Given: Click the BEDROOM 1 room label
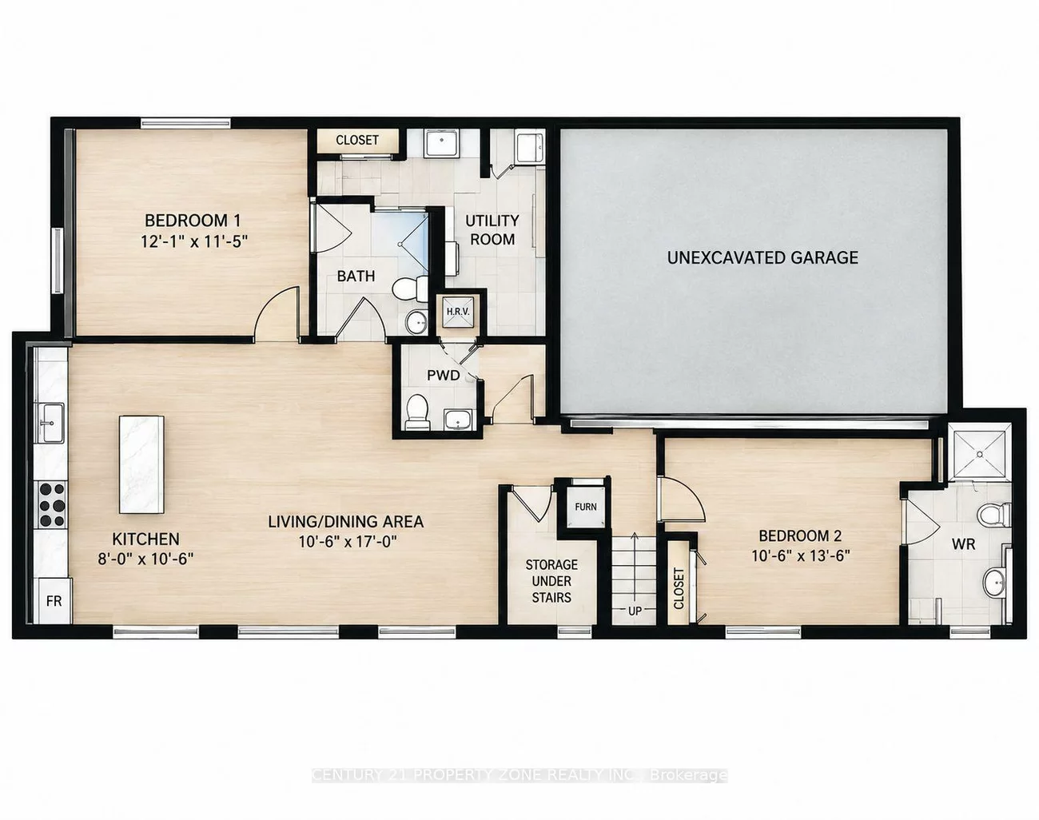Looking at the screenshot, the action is (193, 221).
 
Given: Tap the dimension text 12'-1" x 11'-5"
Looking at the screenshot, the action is (194, 241).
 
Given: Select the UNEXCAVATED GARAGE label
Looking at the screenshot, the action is (762, 257).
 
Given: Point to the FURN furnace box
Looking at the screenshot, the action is (586, 507).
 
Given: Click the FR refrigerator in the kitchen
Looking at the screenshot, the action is (54, 600).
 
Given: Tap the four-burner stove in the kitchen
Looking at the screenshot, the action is (52, 504).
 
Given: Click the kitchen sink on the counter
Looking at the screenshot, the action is (50, 423).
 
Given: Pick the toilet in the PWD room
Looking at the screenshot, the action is (416, 412).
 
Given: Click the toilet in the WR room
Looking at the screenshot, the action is (994, 515).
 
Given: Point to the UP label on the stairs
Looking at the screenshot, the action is (635, 611).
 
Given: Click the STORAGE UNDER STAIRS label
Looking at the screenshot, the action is (551, 581).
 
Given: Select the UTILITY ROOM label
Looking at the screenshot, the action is (492, 230).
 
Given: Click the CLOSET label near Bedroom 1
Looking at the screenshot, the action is (357, 140).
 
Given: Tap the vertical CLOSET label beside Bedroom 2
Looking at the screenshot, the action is (679, 588).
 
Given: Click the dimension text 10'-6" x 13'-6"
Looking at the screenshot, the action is (801, 555).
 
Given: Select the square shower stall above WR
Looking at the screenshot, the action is (980, 453).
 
